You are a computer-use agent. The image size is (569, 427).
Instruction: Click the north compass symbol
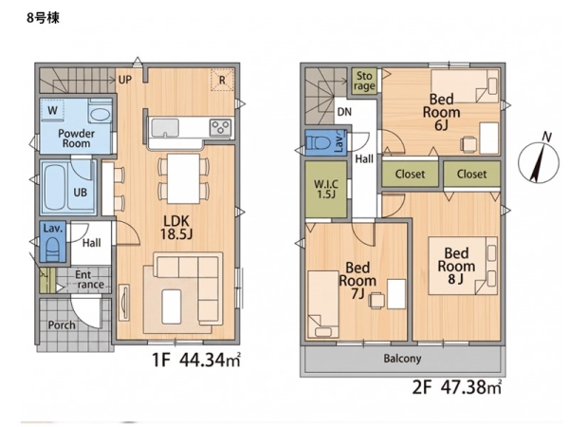538,161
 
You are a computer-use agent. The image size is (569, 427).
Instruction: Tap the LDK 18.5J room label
176,228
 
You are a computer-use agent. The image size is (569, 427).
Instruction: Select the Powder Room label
76,139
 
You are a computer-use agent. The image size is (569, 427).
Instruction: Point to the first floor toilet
53,248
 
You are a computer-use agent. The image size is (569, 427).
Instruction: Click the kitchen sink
165,128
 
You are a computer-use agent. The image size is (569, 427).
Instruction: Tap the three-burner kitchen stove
220,128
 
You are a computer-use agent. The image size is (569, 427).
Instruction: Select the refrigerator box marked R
222,80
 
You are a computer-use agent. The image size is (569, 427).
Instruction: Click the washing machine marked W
52,109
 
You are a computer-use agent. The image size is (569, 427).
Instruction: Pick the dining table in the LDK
183,178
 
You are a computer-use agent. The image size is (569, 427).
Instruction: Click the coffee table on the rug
172,306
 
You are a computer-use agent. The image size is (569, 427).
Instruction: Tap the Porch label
62,325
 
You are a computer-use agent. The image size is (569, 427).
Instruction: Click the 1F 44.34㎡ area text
196,361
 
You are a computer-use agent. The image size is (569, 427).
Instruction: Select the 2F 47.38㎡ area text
457,387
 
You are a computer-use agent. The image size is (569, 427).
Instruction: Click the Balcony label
402,359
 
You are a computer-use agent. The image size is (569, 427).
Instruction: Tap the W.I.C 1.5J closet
326,189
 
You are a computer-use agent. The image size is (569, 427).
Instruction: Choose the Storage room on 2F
364,81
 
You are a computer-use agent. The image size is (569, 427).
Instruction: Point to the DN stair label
344,112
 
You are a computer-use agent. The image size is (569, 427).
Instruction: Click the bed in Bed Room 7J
323,305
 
